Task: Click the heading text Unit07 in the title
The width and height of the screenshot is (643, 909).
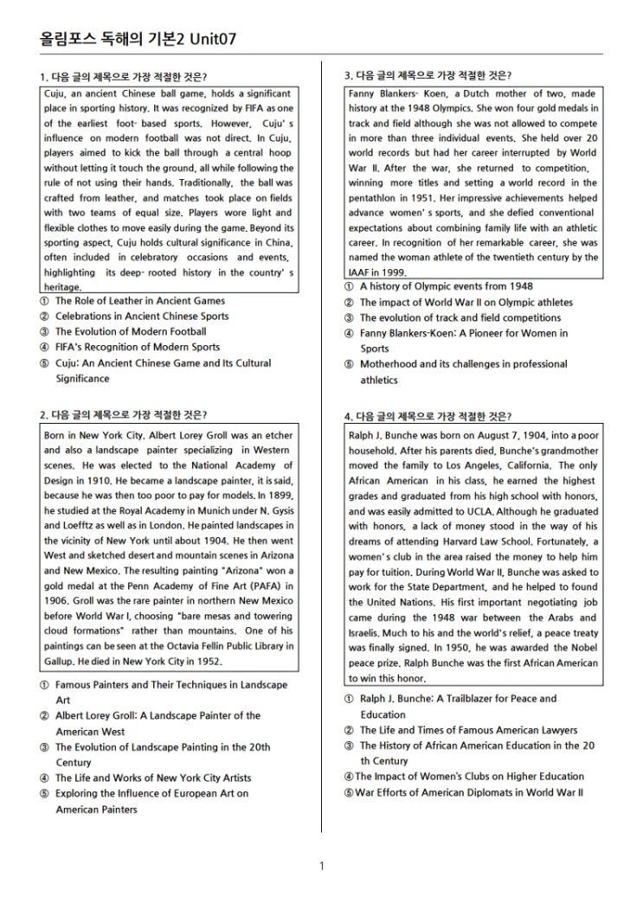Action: click(x=209, y=39)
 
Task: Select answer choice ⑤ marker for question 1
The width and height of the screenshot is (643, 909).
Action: click(x=44, y=363)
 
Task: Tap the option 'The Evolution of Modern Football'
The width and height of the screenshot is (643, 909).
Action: click(x=131, y=331)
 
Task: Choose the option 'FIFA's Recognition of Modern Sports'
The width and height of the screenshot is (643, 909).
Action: click(x=138, y=347)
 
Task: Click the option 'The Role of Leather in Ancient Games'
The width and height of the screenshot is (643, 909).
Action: click(x=139, y=301)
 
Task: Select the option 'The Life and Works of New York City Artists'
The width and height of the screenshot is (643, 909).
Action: click(x=153, y=778)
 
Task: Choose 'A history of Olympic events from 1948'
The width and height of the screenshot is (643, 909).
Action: click(x=446, y=286)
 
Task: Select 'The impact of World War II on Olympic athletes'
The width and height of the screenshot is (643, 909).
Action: click(x=466, y=302)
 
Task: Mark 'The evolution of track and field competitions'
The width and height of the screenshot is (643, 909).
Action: click(x=460, y=317)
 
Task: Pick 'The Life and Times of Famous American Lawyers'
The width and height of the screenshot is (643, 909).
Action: click(x=468, y=730)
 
